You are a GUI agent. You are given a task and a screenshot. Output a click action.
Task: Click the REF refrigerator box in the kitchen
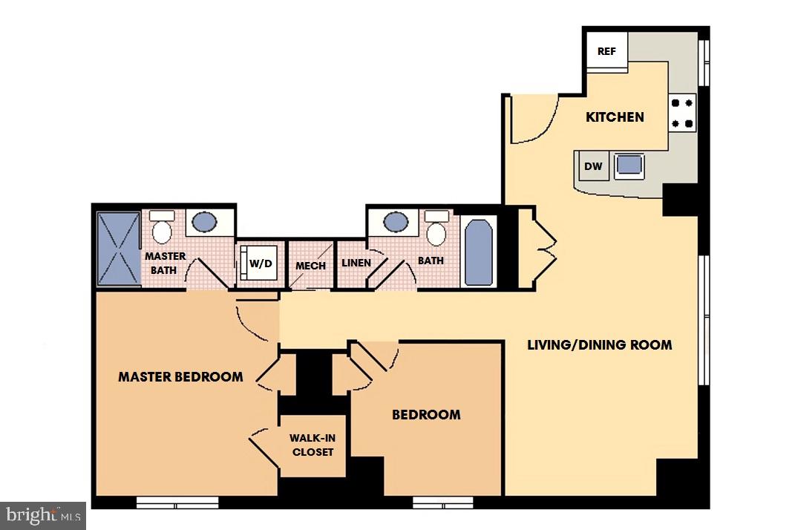tap(606, 52)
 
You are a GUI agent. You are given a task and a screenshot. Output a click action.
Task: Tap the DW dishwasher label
tap(593, 166)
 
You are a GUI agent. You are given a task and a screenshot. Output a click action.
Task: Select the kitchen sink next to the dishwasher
tap(629, 165)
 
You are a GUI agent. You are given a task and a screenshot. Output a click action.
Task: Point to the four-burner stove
tap(682, 113)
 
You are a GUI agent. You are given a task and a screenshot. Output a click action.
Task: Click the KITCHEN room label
tap(615, 117)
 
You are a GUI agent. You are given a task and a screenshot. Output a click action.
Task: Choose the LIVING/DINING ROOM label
tap(600, 344)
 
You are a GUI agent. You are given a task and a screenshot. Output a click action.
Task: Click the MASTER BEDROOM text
tap(180, 376)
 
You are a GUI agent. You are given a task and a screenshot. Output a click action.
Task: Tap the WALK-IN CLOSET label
tap(313, 445)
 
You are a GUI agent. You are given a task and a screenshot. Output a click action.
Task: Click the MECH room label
tap(311, 266)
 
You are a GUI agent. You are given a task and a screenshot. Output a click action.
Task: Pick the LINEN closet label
tap(356, 263)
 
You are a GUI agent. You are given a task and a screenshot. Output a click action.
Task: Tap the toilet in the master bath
tap(161, 227)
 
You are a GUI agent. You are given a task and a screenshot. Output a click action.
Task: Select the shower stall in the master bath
tap(119, 249)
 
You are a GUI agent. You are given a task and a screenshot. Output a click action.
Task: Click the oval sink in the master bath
tap(204, 221)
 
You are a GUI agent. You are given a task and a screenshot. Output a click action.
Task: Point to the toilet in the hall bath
tap(436, 229)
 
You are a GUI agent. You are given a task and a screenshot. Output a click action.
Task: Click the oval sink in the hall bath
tap(396, 221)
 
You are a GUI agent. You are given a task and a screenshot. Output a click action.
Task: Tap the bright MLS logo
tap(43, 514)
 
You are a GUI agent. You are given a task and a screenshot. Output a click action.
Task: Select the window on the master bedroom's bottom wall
tap(177, 503)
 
